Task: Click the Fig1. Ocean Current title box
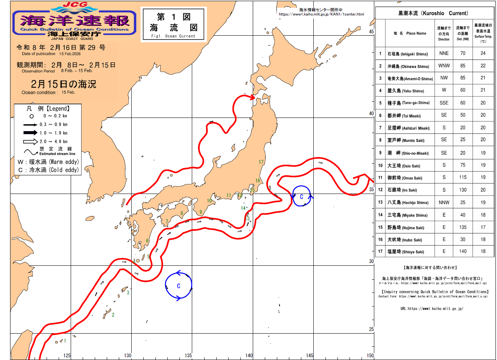coord(174,24)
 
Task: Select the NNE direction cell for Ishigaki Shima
coord(444,54)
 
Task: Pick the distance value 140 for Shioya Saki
coord(462,251)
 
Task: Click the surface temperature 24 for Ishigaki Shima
coord(483,54)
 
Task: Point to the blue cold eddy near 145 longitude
coord(302,196)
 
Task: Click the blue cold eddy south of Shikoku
coord(179,286)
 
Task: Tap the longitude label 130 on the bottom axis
coord(128,355)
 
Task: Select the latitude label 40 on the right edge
coord(371,114)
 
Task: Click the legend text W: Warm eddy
coord(48,161)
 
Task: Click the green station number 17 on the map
coord(261,162)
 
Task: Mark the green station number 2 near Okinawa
coord(113,315)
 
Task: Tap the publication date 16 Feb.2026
coord(60,54)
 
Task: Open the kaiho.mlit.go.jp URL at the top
coord(321,14)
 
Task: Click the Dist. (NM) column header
coord(462,33)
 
